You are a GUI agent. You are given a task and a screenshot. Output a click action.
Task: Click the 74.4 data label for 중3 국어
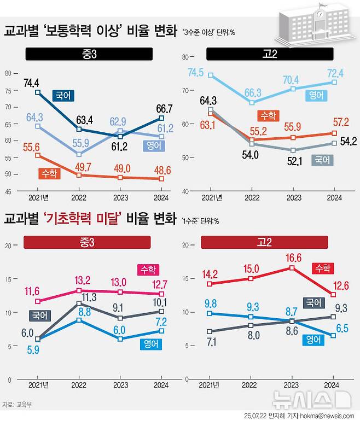pos(32,83)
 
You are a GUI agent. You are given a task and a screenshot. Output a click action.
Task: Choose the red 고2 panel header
pos(264,242)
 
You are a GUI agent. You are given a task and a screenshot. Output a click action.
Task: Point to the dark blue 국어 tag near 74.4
pos(63,95)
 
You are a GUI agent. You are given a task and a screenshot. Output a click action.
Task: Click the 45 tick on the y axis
pos(8,191)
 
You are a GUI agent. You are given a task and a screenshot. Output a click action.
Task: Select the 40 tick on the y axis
pos(185,191)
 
